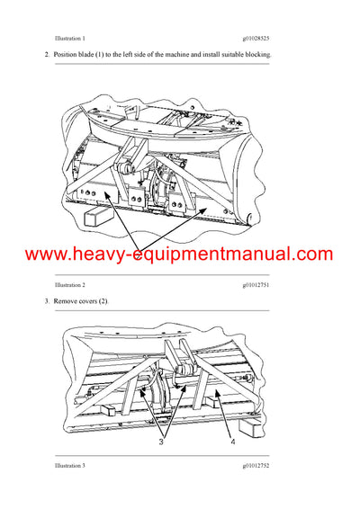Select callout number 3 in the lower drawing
coord(162,442)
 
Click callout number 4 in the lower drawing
coord(231,442)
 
